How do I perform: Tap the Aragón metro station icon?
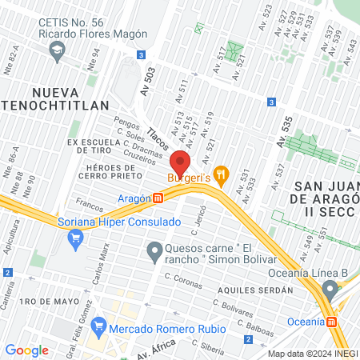click(x=158, y=198)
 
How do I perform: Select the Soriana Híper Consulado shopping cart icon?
click(x=76, y=237)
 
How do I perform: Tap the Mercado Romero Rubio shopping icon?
click(x=99, y=325)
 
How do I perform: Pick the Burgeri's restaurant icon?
click(x=222, y=174)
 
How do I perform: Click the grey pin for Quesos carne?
click(x=154, y=253)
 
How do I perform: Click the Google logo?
click(x=26, y=350)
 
